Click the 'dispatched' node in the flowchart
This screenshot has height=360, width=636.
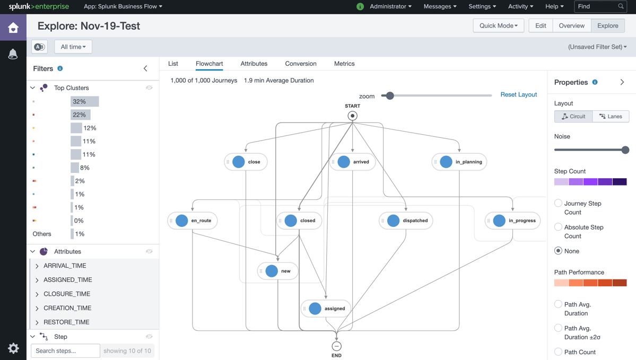point(406,221)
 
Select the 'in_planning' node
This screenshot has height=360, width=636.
point(459,162)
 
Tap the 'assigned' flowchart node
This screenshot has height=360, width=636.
point(326,309)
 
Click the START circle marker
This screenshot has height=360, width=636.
point(352,116)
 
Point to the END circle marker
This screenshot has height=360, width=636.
point(336,346)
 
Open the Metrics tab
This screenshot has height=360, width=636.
point(344,64)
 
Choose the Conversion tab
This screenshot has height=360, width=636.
point(301,64)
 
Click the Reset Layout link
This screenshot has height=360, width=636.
point(518,94)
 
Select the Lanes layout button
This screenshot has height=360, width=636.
point(611,116)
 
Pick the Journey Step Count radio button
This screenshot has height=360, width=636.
point(558,203)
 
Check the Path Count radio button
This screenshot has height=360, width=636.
point(558,352)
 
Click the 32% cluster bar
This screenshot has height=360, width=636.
point(84,101)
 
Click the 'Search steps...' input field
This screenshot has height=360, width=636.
point(65,350)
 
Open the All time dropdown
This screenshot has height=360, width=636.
point(73,47)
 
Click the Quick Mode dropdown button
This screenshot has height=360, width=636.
point(498,25)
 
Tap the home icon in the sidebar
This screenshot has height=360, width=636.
point(13,28)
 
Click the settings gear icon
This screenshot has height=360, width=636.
point(13,348)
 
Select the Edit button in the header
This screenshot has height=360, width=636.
point(541,25)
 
